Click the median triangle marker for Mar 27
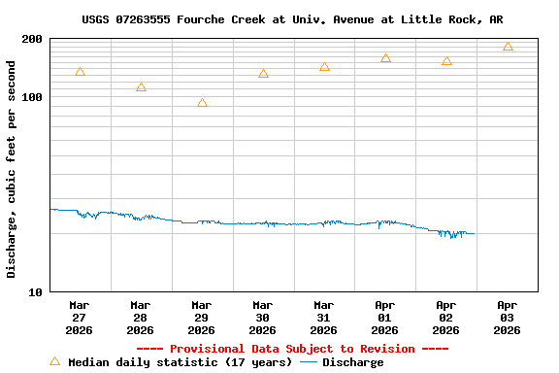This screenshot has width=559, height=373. [x=80, y=72]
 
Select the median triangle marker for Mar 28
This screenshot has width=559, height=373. [x=141, y=87]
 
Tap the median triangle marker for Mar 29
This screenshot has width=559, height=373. [x=202, y=103]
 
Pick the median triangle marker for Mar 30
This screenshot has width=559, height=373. [x=263, y=74]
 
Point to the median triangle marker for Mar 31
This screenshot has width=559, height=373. [x=324, y=67]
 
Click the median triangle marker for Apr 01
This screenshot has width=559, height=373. [x=385, y=58]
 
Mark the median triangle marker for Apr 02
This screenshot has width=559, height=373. [x=446, y=61]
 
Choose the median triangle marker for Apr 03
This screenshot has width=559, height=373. [x=508, y=47]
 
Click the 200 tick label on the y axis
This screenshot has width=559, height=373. [x=32, y=39]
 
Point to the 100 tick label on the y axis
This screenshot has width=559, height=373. [x=32, y=97]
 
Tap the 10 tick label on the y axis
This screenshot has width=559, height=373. [x=36, y=291]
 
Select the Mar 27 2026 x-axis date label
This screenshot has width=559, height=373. [x=80, y=317]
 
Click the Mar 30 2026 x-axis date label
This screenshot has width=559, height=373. [x=263, y=317]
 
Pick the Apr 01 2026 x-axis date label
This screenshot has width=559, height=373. [x=385, y=317]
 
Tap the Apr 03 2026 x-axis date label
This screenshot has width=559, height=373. [x=508, y=317]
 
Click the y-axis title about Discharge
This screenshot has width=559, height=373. [x=12, y=169]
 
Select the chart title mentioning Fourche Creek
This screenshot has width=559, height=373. [x=292, y=19]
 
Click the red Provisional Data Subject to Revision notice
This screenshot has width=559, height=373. [x=292, y=349]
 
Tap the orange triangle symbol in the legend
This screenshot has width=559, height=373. [x=54, y=361]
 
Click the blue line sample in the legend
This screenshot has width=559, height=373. [x=309, y=362]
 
